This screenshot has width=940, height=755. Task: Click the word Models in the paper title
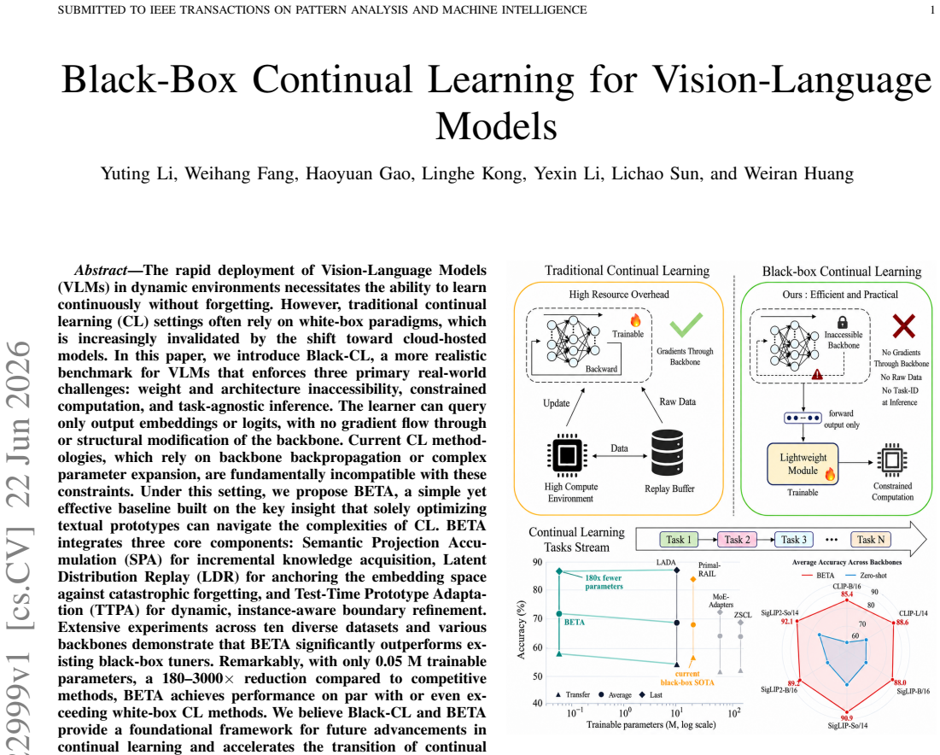[496, 126]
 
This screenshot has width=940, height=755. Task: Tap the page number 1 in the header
[931, 9]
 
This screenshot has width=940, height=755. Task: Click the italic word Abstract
[100, 271]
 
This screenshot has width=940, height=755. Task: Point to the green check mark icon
[686, 325]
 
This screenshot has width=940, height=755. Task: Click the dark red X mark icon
[903, 325]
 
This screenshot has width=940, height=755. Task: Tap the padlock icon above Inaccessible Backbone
[843, 322]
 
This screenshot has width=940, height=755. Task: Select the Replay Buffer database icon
[668, 453]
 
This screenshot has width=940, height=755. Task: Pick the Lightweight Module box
[803, 464]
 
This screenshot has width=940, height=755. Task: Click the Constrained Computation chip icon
[892, 460]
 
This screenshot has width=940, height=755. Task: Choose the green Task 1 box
[679, 540]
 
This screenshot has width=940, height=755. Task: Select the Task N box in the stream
[871, 540]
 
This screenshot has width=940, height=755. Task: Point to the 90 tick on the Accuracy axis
[537, 562]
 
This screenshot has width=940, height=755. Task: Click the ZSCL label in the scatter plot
[742, 615]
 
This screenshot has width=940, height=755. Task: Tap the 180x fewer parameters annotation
[604, 582]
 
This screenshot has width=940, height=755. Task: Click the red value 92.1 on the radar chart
[786, 621]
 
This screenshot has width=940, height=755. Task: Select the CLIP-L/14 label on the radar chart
[913, 613]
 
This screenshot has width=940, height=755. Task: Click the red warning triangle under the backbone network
[816, 374]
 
